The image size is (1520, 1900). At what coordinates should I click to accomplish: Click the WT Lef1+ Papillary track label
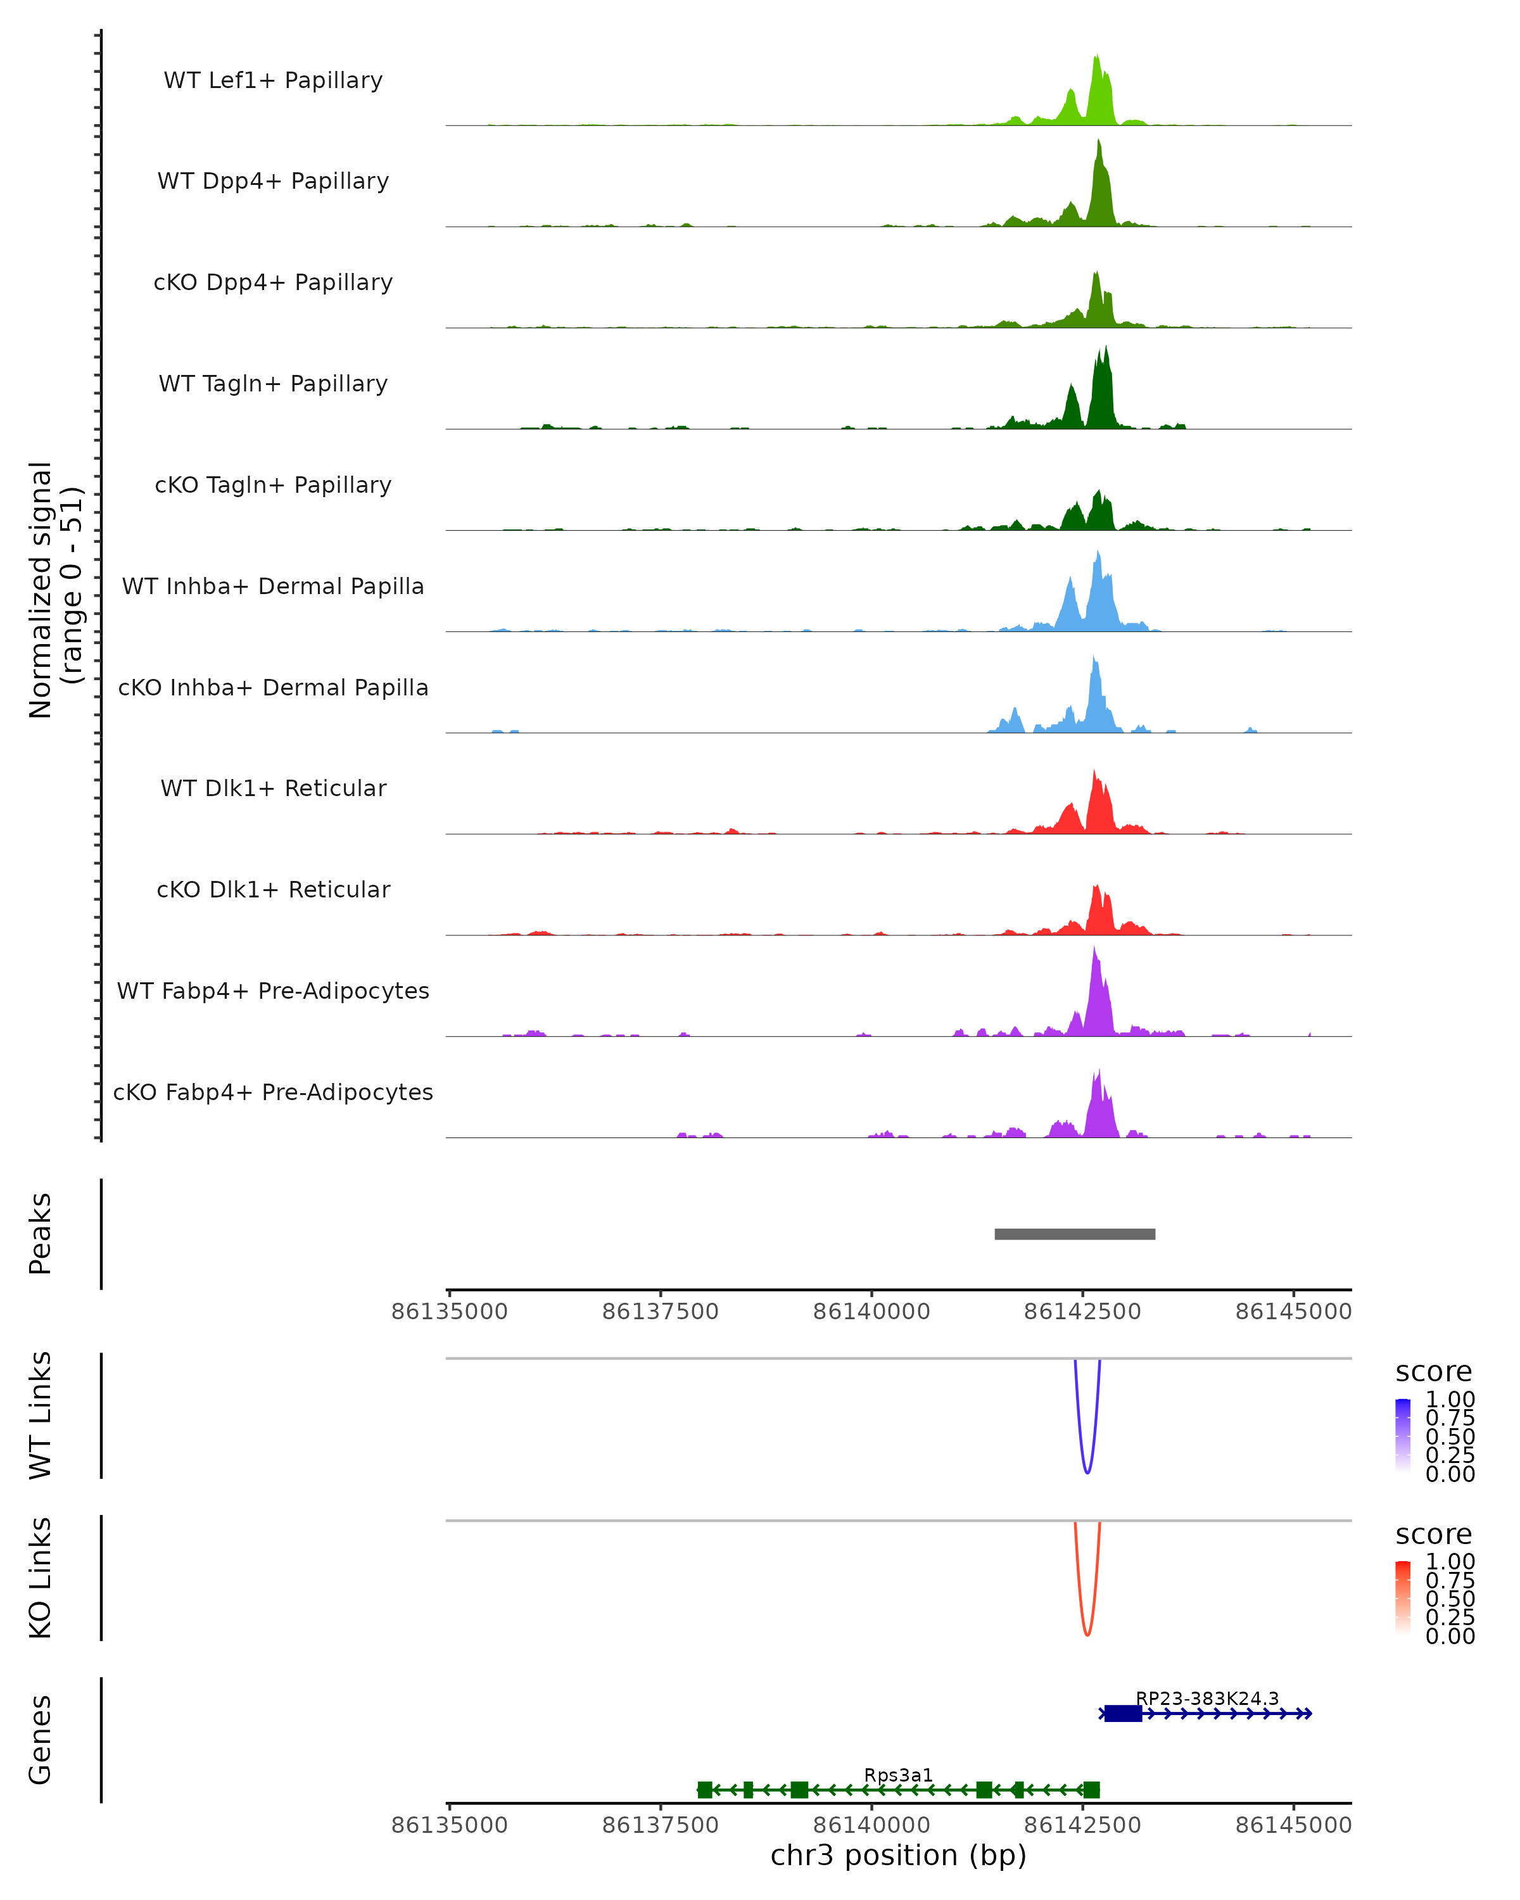[273, 80]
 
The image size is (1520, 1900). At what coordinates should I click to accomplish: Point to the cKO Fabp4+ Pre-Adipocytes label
[273, 1092]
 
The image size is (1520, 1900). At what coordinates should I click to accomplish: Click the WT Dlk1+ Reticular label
[273, 788]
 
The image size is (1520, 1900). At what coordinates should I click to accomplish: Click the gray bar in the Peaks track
[1074, 1234]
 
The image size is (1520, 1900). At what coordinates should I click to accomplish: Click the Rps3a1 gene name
[898, 1775]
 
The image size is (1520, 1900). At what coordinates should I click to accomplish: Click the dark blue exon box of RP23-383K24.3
[1123, 1713]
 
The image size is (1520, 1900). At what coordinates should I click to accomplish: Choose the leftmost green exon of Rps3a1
[704, 1790]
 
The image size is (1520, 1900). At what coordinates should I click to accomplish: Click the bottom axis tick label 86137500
[660, 1825]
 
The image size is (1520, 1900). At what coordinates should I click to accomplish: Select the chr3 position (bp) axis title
[898, 1855]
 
